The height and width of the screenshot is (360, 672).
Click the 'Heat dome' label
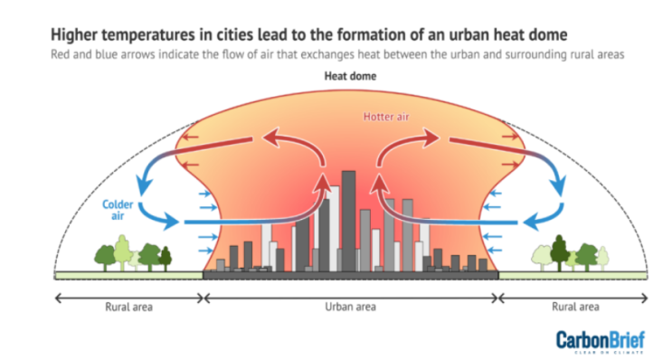click(351, 77)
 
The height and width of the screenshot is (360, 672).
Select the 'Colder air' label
click(118, 211)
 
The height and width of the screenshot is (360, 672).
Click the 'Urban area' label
click(351, 307)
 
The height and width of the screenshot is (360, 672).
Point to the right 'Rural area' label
click(576, 307)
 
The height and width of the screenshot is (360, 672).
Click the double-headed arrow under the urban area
click(351, 296)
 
